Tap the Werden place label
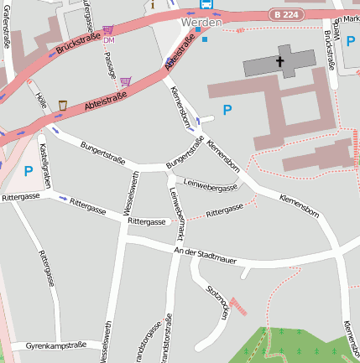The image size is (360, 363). pos(201,23)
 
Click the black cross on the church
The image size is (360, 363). pos(279,62)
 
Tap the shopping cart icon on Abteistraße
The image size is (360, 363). pos(126,81)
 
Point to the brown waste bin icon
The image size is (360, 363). pos(63,106)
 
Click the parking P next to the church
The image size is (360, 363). pos(227,110)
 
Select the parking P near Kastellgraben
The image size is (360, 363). pos(29,171)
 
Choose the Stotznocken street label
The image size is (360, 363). pos(216,303)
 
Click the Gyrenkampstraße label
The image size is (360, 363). pos(56,345)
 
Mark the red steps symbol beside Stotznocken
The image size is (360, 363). pos(239,306)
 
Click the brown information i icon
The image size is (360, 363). pos(153,4)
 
